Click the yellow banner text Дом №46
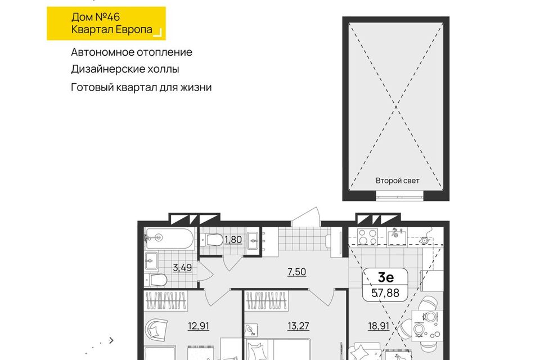(x=96, y=17)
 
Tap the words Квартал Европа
(x=111, y=29)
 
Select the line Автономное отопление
(x=132, y=52)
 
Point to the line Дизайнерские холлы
(x=125, y=69)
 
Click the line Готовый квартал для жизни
(x=141, y=87)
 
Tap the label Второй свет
(x=398, y=181)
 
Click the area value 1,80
(x=233, y=240)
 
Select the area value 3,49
(x=182, y=267)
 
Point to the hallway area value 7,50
(x=296, y=272)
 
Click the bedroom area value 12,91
(x=199, y=326)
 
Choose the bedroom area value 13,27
(x=298, y=326)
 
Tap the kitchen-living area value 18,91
(x=379, y=326)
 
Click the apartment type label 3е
(x=386, y=277)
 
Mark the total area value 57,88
(x=385, y=293)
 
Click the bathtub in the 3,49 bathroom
(x=169, y=238)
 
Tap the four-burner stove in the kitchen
(x=367, y=237)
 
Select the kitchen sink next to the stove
(x=397, y=237)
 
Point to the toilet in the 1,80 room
(x=211, y=240)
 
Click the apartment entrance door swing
(x=306, y=217)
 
